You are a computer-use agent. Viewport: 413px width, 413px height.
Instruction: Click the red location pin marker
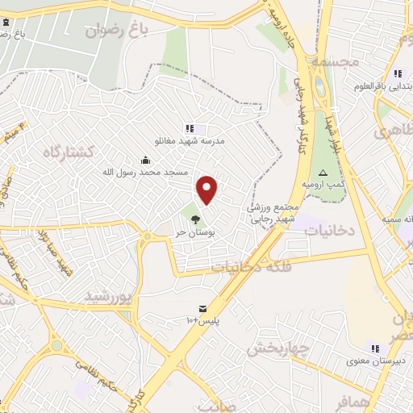click(x=208, y=190)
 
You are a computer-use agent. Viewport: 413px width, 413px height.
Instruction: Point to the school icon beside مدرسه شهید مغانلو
click(x=189, y=127)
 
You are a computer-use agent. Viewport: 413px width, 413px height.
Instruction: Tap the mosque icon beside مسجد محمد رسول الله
click(x=144, y=159)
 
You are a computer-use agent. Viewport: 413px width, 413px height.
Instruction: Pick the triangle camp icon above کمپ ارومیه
click(x=323, y=173)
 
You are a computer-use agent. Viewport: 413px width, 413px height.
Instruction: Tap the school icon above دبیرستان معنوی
click(x=375, y=348)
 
